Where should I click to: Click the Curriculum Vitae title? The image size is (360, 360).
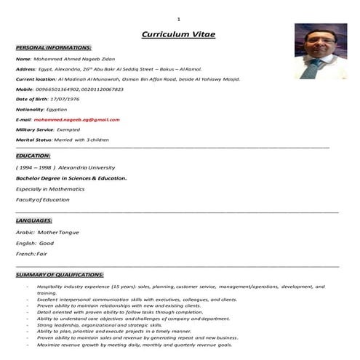[178, 34]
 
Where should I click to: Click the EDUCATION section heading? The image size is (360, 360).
[33, 155]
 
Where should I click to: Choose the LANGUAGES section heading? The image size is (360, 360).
[34, 220]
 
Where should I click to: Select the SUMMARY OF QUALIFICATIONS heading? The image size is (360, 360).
[60, 275]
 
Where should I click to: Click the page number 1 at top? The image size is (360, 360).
[178, 17]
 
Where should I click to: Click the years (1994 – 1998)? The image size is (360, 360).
[35, 167]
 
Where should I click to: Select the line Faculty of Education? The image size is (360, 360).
[43, 199]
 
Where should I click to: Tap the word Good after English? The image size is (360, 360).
[47, 242]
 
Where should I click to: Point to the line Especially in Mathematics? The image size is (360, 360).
[50, 188]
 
